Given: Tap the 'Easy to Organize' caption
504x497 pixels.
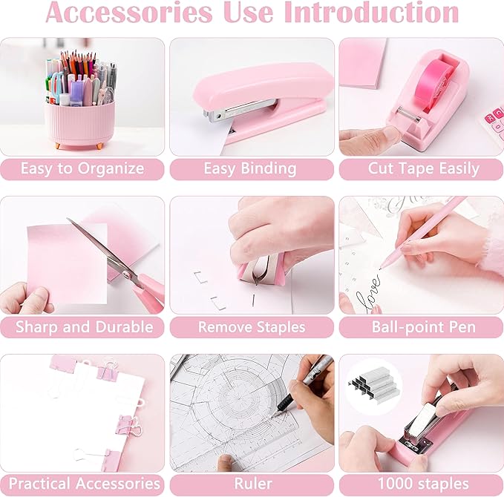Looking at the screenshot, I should [82, 169].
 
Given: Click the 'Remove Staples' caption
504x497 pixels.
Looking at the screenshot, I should [252, 327].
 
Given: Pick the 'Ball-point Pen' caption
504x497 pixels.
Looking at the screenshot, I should [420, 327].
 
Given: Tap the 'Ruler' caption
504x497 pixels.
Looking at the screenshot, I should [252, 484].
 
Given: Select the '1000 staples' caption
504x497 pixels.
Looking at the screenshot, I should [421, 484].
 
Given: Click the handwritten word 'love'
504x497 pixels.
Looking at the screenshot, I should [368, 286].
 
